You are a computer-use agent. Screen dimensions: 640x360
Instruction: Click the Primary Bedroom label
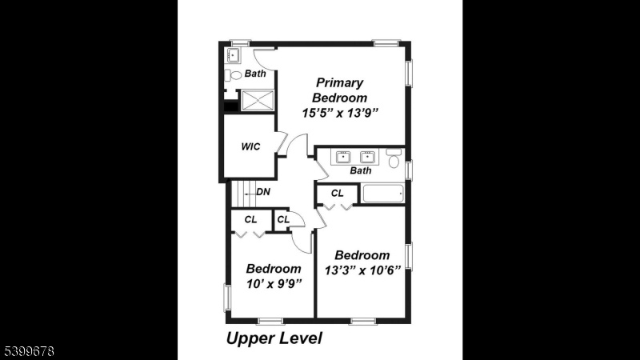coord(339,90)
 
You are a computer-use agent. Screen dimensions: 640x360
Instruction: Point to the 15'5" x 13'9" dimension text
coord(341,113)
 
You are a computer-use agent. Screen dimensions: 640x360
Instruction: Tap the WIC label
coord(250,146)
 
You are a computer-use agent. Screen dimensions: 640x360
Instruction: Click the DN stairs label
coord(263,192)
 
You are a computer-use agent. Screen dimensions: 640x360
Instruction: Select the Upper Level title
coord(274,338)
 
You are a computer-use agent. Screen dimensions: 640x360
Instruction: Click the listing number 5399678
coord(29,351)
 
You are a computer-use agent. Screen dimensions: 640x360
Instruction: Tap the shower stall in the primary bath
coord(258,101)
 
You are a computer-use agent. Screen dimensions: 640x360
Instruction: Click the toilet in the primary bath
coord(234,75)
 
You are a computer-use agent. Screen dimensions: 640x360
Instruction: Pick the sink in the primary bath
coord(233,55)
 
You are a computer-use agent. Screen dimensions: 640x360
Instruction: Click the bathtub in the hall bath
coord(383,194)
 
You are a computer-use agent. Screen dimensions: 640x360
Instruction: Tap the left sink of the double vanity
coord(343,157)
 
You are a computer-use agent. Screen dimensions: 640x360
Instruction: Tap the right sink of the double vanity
coord(367,157)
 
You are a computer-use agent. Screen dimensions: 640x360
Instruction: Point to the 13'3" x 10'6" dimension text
coord(362,270)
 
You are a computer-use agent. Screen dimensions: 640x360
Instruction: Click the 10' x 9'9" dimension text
coord(274,284)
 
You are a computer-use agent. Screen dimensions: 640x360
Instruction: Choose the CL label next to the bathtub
coord(337,193)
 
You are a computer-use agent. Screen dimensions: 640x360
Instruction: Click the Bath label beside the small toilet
coord(255,74)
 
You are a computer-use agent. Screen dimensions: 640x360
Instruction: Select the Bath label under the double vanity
coord(361,170)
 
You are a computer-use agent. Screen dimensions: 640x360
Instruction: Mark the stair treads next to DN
coord(244,194)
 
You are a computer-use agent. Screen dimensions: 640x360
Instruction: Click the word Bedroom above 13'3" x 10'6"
coord(362,255)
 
